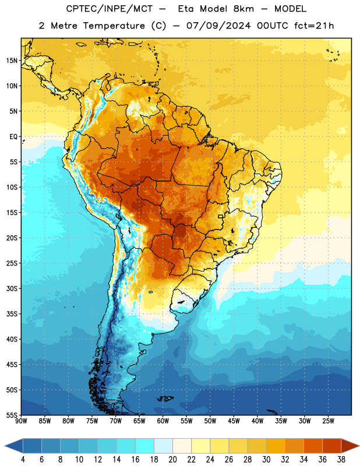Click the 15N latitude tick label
(12, 61)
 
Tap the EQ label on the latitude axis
(13, 137)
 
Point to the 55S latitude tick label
(12, 415)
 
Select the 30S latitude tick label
(12, 288)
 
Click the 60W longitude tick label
(163, 421)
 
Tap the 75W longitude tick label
(92, 421)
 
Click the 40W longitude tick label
(257, 421)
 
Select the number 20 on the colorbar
(172, 459)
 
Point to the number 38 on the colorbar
(341, 459)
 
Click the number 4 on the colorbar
(23, 459)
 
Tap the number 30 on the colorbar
(266, 459)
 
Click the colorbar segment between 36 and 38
(332, 446)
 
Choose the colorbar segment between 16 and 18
(145, 446)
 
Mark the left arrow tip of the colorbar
(5, 446)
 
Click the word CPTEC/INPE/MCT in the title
(109, 9)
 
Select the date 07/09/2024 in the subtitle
(218, 26)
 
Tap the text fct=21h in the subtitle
(314, 26)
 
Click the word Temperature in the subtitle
(114, 26)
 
